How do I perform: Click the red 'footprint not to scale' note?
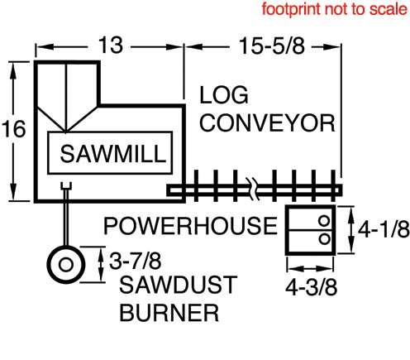(x=334, y=9)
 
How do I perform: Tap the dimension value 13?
(x=111, y=45)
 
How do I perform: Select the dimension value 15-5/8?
(x=272, y=46)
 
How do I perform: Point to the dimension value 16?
(x=14, y=128)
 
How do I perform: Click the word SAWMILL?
(x=113, y=153)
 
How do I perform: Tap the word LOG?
(x=224, y=95)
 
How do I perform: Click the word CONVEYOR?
(x=267, y=122)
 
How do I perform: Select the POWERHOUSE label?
(x=190, y=226)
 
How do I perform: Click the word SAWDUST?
(x=179, y=285)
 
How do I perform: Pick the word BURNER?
(x=169, y=313)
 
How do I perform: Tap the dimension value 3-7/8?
(x=136, y=261)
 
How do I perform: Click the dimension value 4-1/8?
(x=384, y=228)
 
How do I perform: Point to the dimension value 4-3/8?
(x=311, y=287)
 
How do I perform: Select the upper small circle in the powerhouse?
(x=324, y=221)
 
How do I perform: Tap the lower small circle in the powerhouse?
(x=324, y=238)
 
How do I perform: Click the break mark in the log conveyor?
(x=253, y=189)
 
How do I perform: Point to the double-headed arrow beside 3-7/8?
(x=101, y=264)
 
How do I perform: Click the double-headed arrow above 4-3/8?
(x=310, y=268)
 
